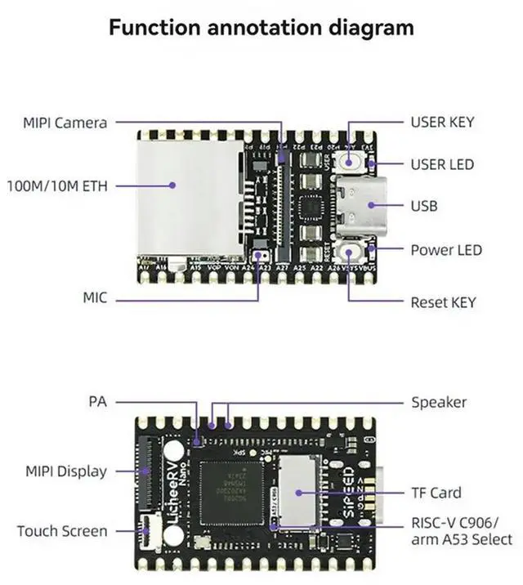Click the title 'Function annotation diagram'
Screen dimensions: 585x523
point(261,27)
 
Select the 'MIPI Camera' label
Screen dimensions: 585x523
point(65,123)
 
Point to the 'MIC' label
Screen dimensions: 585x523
point(95,298)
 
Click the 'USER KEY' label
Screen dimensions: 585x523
point(442,123)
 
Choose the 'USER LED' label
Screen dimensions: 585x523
point(442,164)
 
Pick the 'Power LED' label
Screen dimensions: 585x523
point(446,250)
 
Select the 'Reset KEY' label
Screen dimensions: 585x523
point(443,302)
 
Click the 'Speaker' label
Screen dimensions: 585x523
point(439,402)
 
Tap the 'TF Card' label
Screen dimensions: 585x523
point(436,493)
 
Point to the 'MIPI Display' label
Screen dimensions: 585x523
point(66,471)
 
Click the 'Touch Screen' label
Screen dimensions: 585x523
point(62,531)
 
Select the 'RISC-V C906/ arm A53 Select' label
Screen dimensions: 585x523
point(461,531)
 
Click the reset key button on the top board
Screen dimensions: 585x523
point(352,250)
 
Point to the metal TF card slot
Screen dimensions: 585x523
point(297,493)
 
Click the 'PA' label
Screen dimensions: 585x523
point(97,402)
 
